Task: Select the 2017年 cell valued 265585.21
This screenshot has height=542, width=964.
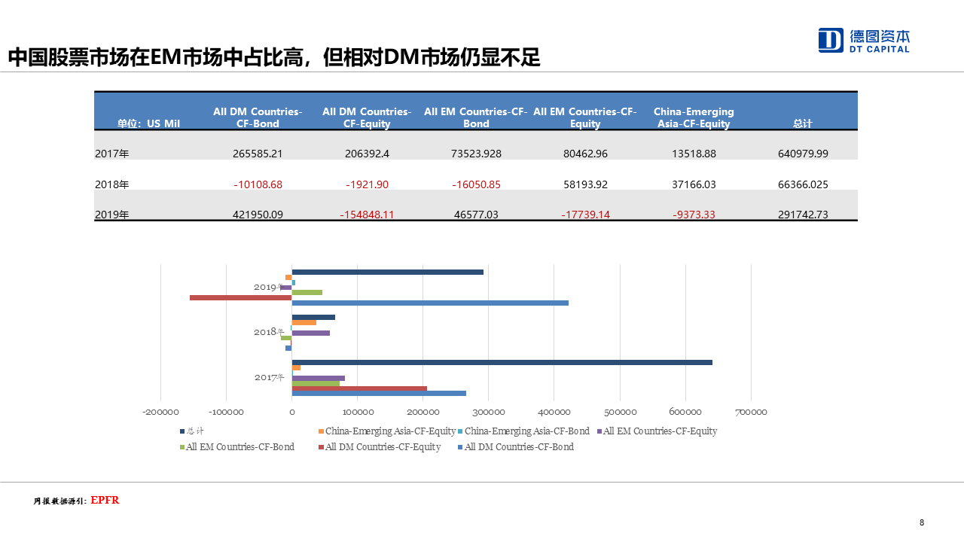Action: click(258, 154)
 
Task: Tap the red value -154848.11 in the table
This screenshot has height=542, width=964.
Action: click(367, 215)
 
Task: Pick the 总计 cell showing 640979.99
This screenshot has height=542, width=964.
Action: click(803, 154)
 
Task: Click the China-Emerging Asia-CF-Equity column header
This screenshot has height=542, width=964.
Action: click(694, 117)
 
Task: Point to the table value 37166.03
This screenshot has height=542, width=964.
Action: click(694, 184)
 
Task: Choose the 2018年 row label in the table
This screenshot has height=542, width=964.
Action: click(112, 184)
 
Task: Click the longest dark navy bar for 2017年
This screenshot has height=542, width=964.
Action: click(502, 363)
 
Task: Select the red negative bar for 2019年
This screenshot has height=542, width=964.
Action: click(240, 297)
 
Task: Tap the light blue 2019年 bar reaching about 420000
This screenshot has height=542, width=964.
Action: click(429, 303)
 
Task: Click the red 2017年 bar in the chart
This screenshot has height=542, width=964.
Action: click(359, 388)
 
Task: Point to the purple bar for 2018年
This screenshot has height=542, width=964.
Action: click(310, 333)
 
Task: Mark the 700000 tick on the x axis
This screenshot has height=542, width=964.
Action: click(751, 412)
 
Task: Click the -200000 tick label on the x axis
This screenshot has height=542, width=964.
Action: click(160, 412)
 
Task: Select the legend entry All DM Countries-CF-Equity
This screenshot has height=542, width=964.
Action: click(383, 447)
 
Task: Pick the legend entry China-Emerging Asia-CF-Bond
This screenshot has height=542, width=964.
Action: click(526, 431)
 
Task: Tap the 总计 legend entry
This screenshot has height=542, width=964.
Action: click(194, 431)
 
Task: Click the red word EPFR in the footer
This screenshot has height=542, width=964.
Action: click(105, 501)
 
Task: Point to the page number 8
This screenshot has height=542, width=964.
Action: click(922, 522)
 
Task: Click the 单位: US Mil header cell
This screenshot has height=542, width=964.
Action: click(148, 124)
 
